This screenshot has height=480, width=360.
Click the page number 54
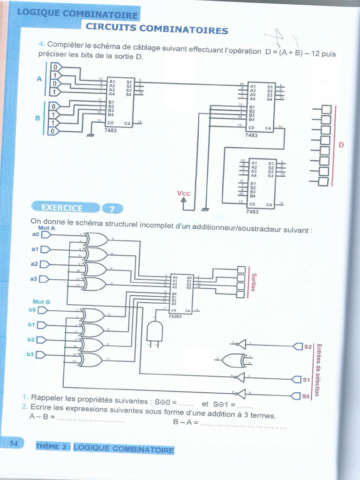coord(13,443)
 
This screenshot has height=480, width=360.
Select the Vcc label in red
coord(183,194)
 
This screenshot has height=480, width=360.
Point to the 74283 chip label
coord(175,316)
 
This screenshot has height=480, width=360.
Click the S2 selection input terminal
coord(297,346)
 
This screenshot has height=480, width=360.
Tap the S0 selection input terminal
coord(295,397)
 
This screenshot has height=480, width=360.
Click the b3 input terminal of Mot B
coord(41,355)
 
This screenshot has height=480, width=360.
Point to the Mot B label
coord(41,302)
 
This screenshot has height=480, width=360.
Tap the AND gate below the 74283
coord(155,331)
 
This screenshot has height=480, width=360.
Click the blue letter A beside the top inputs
coord(39,79)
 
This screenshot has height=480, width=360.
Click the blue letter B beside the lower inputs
coord(37,118)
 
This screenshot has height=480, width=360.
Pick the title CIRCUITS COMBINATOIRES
coord(157,29)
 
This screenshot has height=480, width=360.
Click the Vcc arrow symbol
coord(184,202)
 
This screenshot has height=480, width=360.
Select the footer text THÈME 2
coord(52,447)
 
